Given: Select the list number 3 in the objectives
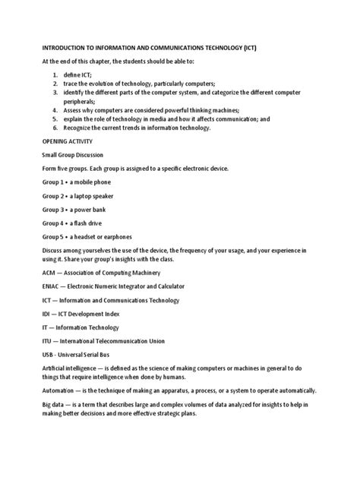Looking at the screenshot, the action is tap(55, 91).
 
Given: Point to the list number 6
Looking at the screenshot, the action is tap(55, 128).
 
